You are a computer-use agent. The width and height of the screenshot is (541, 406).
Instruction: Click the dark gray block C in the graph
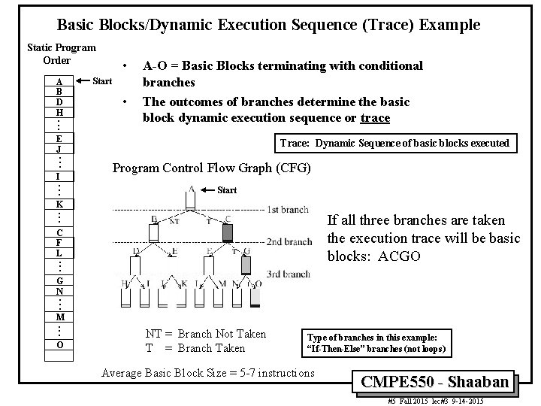(x=228, y=232)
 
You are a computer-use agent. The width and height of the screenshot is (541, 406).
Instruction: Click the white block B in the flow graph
(x=154, y=232)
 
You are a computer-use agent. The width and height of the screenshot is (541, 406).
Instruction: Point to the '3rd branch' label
(x=289, y=274)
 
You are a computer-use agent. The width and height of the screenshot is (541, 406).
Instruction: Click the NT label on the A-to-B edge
(x=174, y=220)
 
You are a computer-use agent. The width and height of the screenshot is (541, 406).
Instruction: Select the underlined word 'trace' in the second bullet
(x=374, y=117)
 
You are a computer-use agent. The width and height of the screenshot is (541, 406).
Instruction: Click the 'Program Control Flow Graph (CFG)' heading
(x=211, y=168)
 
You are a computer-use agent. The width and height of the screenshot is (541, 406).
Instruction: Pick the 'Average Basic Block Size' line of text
(x=208, y=373)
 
